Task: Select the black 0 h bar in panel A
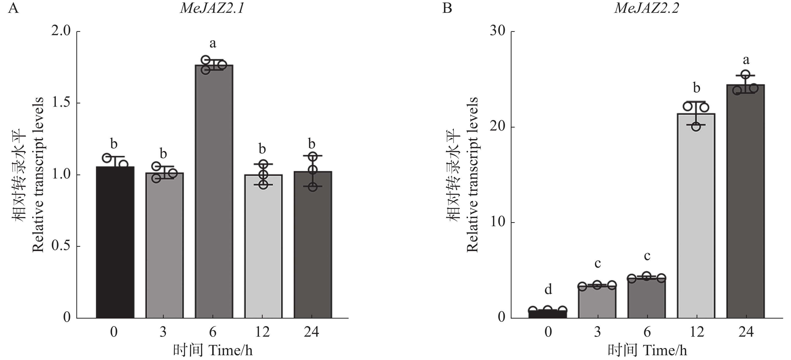[115, 242]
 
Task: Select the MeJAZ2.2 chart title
[646, 8]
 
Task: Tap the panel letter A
[13, 8]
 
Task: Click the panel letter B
[447, 8]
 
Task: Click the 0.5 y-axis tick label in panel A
[61, 246]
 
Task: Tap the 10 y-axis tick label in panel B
[497, 222]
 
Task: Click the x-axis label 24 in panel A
[312, 332]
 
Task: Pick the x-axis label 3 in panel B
[597, 332]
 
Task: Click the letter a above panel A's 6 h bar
[213, 44]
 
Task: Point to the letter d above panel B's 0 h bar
[548, 289]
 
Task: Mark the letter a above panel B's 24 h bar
[746, 60]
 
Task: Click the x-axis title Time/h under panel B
[647, 350]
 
